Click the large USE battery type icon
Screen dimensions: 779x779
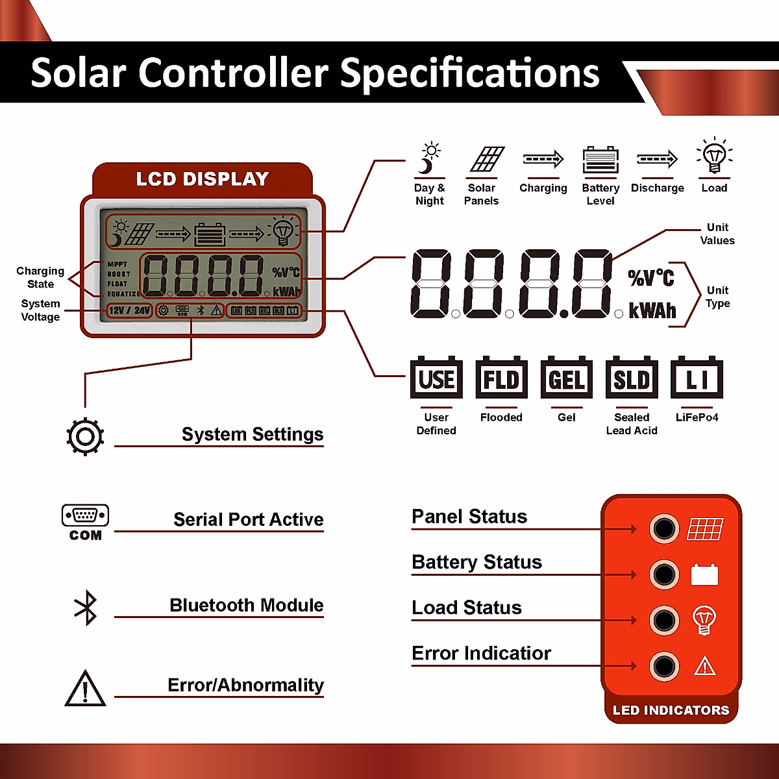tap(436, 378)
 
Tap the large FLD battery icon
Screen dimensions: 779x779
tap(501, 378)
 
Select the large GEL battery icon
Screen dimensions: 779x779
tap(566, 378)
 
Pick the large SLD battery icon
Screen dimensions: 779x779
tap(632, 378)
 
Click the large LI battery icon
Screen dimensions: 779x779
tap(697, 378)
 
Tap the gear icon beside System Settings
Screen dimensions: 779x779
tap(85, 436)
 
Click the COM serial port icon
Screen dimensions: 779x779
tap(85, 521)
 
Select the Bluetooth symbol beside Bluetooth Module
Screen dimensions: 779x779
tap(86, 608)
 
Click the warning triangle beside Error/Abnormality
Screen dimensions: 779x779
tap(85, 688)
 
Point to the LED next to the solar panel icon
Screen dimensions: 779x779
tap(664, 529)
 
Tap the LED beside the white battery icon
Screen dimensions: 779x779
tap(664, 575)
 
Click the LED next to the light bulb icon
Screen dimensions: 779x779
tap(664, 621)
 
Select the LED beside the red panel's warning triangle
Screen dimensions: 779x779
tap(664, 667)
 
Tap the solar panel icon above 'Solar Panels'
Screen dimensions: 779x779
tap(487, 159)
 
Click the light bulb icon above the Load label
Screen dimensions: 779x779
tap(714, 156)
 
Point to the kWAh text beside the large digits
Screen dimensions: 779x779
tap(652, 311)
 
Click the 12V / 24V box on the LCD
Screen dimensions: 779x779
tap(129, 311)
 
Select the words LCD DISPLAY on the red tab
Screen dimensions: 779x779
tap(202, 179)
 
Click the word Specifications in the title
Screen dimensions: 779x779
tap(469, 73)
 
